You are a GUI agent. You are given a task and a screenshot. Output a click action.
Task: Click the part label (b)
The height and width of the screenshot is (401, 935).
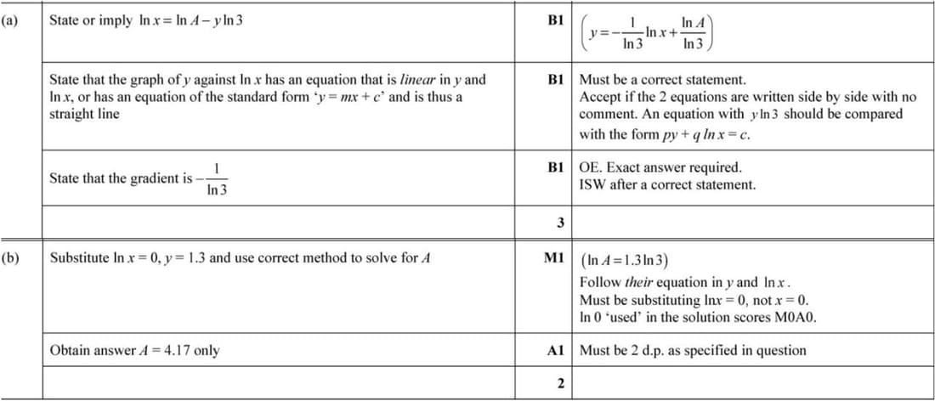tap(10, 256)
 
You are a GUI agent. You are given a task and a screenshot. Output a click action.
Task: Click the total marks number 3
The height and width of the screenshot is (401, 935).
tap(560, 223)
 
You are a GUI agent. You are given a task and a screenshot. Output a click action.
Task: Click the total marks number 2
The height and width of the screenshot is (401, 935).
tap(560, 384)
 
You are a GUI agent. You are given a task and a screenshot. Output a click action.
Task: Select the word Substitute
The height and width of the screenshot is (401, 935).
tap(80, 257)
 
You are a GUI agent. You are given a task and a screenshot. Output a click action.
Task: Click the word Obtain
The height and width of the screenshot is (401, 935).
tap(71, 350)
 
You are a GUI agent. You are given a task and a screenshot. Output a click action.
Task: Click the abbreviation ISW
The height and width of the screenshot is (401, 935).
tap(592, 184)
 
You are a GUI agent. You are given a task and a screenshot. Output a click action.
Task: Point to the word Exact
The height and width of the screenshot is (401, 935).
tap(625, 167)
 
